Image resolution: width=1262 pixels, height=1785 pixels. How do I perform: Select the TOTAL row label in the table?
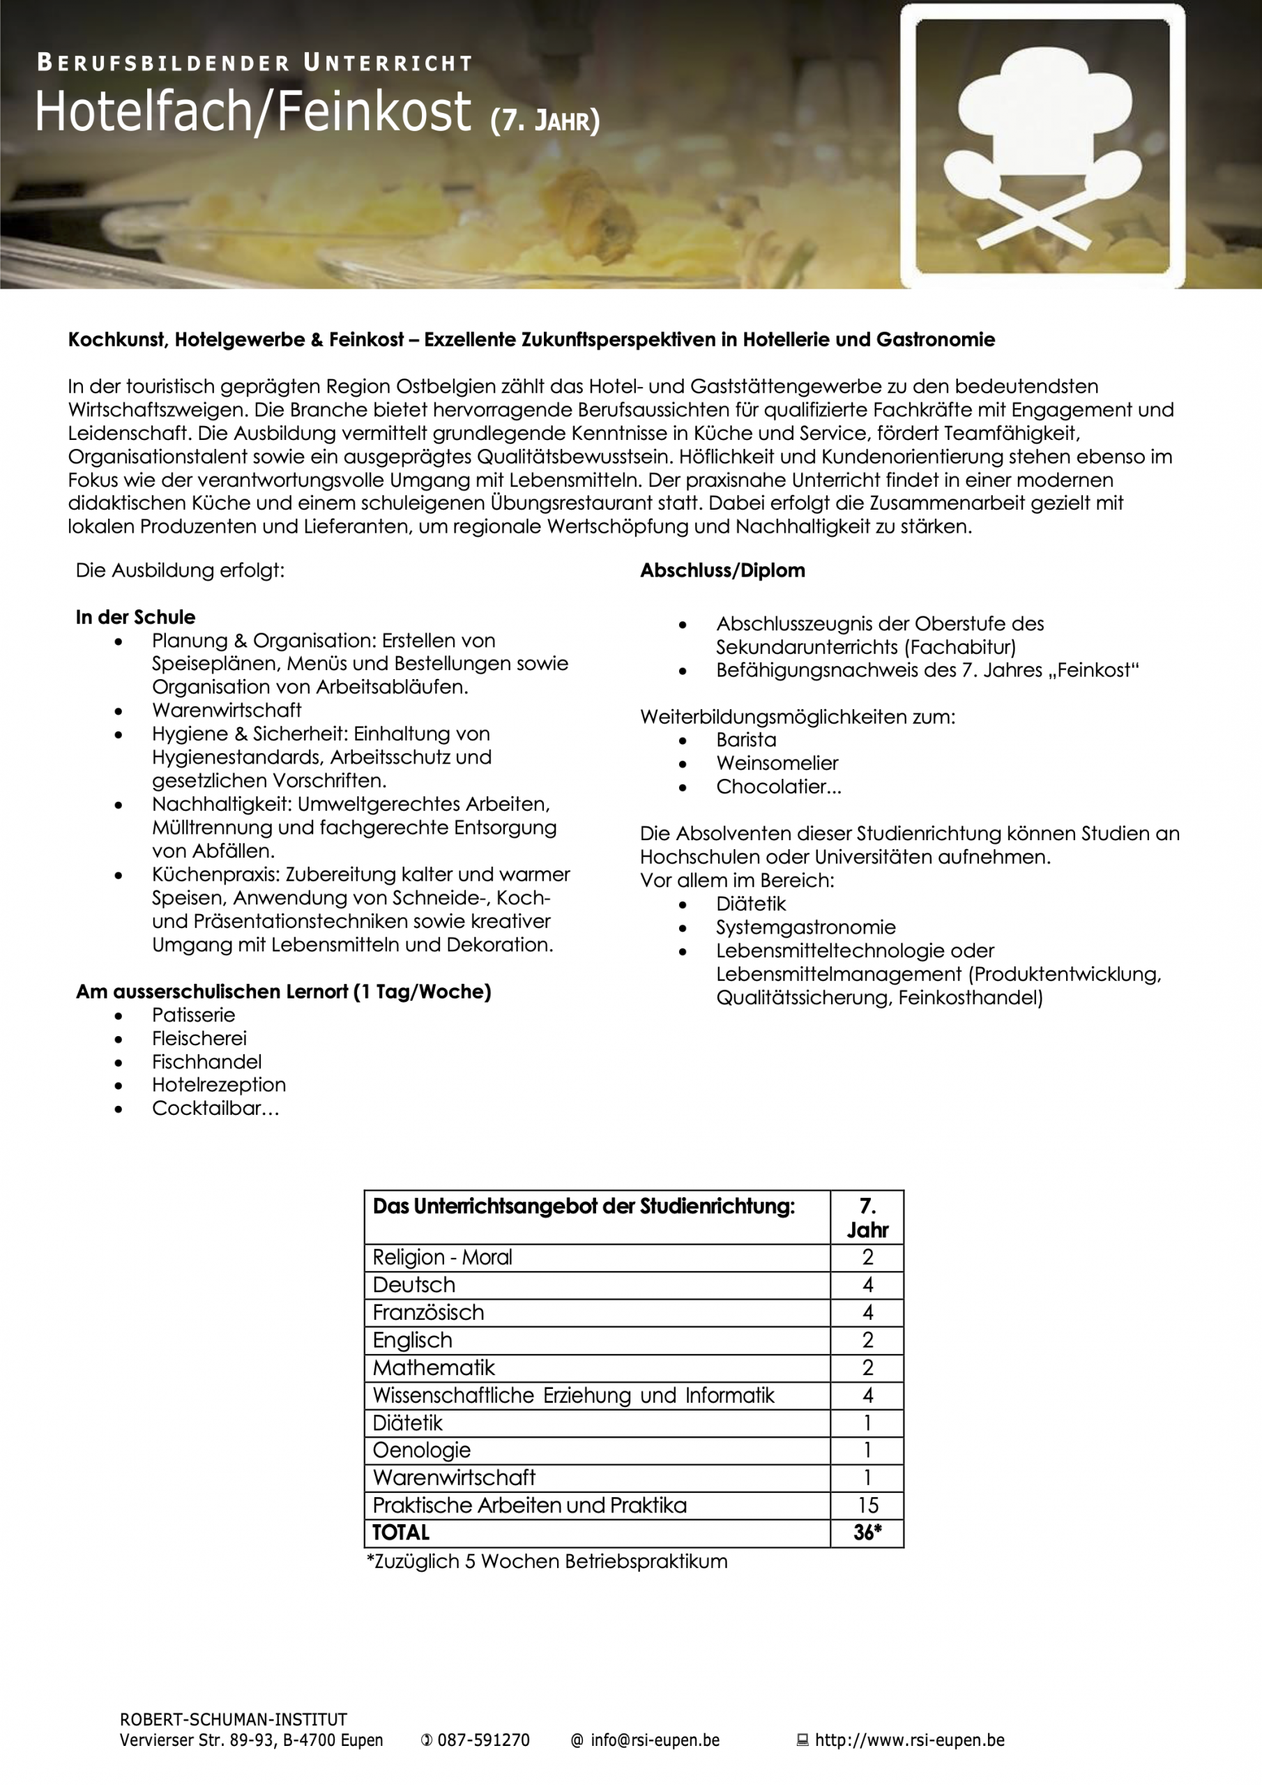[x=401, y=1532]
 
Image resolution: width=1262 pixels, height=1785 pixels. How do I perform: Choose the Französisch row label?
[x=428, y=1312]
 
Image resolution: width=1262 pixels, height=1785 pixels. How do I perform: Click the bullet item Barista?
[x=745, y=739]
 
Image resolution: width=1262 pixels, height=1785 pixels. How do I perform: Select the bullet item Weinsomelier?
[x=777, y=763]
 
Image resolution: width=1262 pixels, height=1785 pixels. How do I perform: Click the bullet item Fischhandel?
[x=207, y=1061]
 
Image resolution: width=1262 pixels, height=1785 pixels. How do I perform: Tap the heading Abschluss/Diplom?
[x=722, y=570]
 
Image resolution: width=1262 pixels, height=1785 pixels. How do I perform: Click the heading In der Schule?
[x=135, y=616]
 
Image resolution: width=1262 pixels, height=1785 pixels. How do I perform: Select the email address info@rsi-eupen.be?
[x=654, y=1740]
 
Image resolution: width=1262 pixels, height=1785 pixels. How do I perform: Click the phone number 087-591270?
[x=483, y=1740]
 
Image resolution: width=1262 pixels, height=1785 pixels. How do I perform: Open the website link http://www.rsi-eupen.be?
[x=909, y=1740]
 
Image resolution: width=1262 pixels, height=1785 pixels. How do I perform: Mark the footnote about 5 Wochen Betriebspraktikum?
[x=547, y=1560]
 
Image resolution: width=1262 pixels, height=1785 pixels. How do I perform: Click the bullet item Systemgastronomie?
[x=805, y=927]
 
